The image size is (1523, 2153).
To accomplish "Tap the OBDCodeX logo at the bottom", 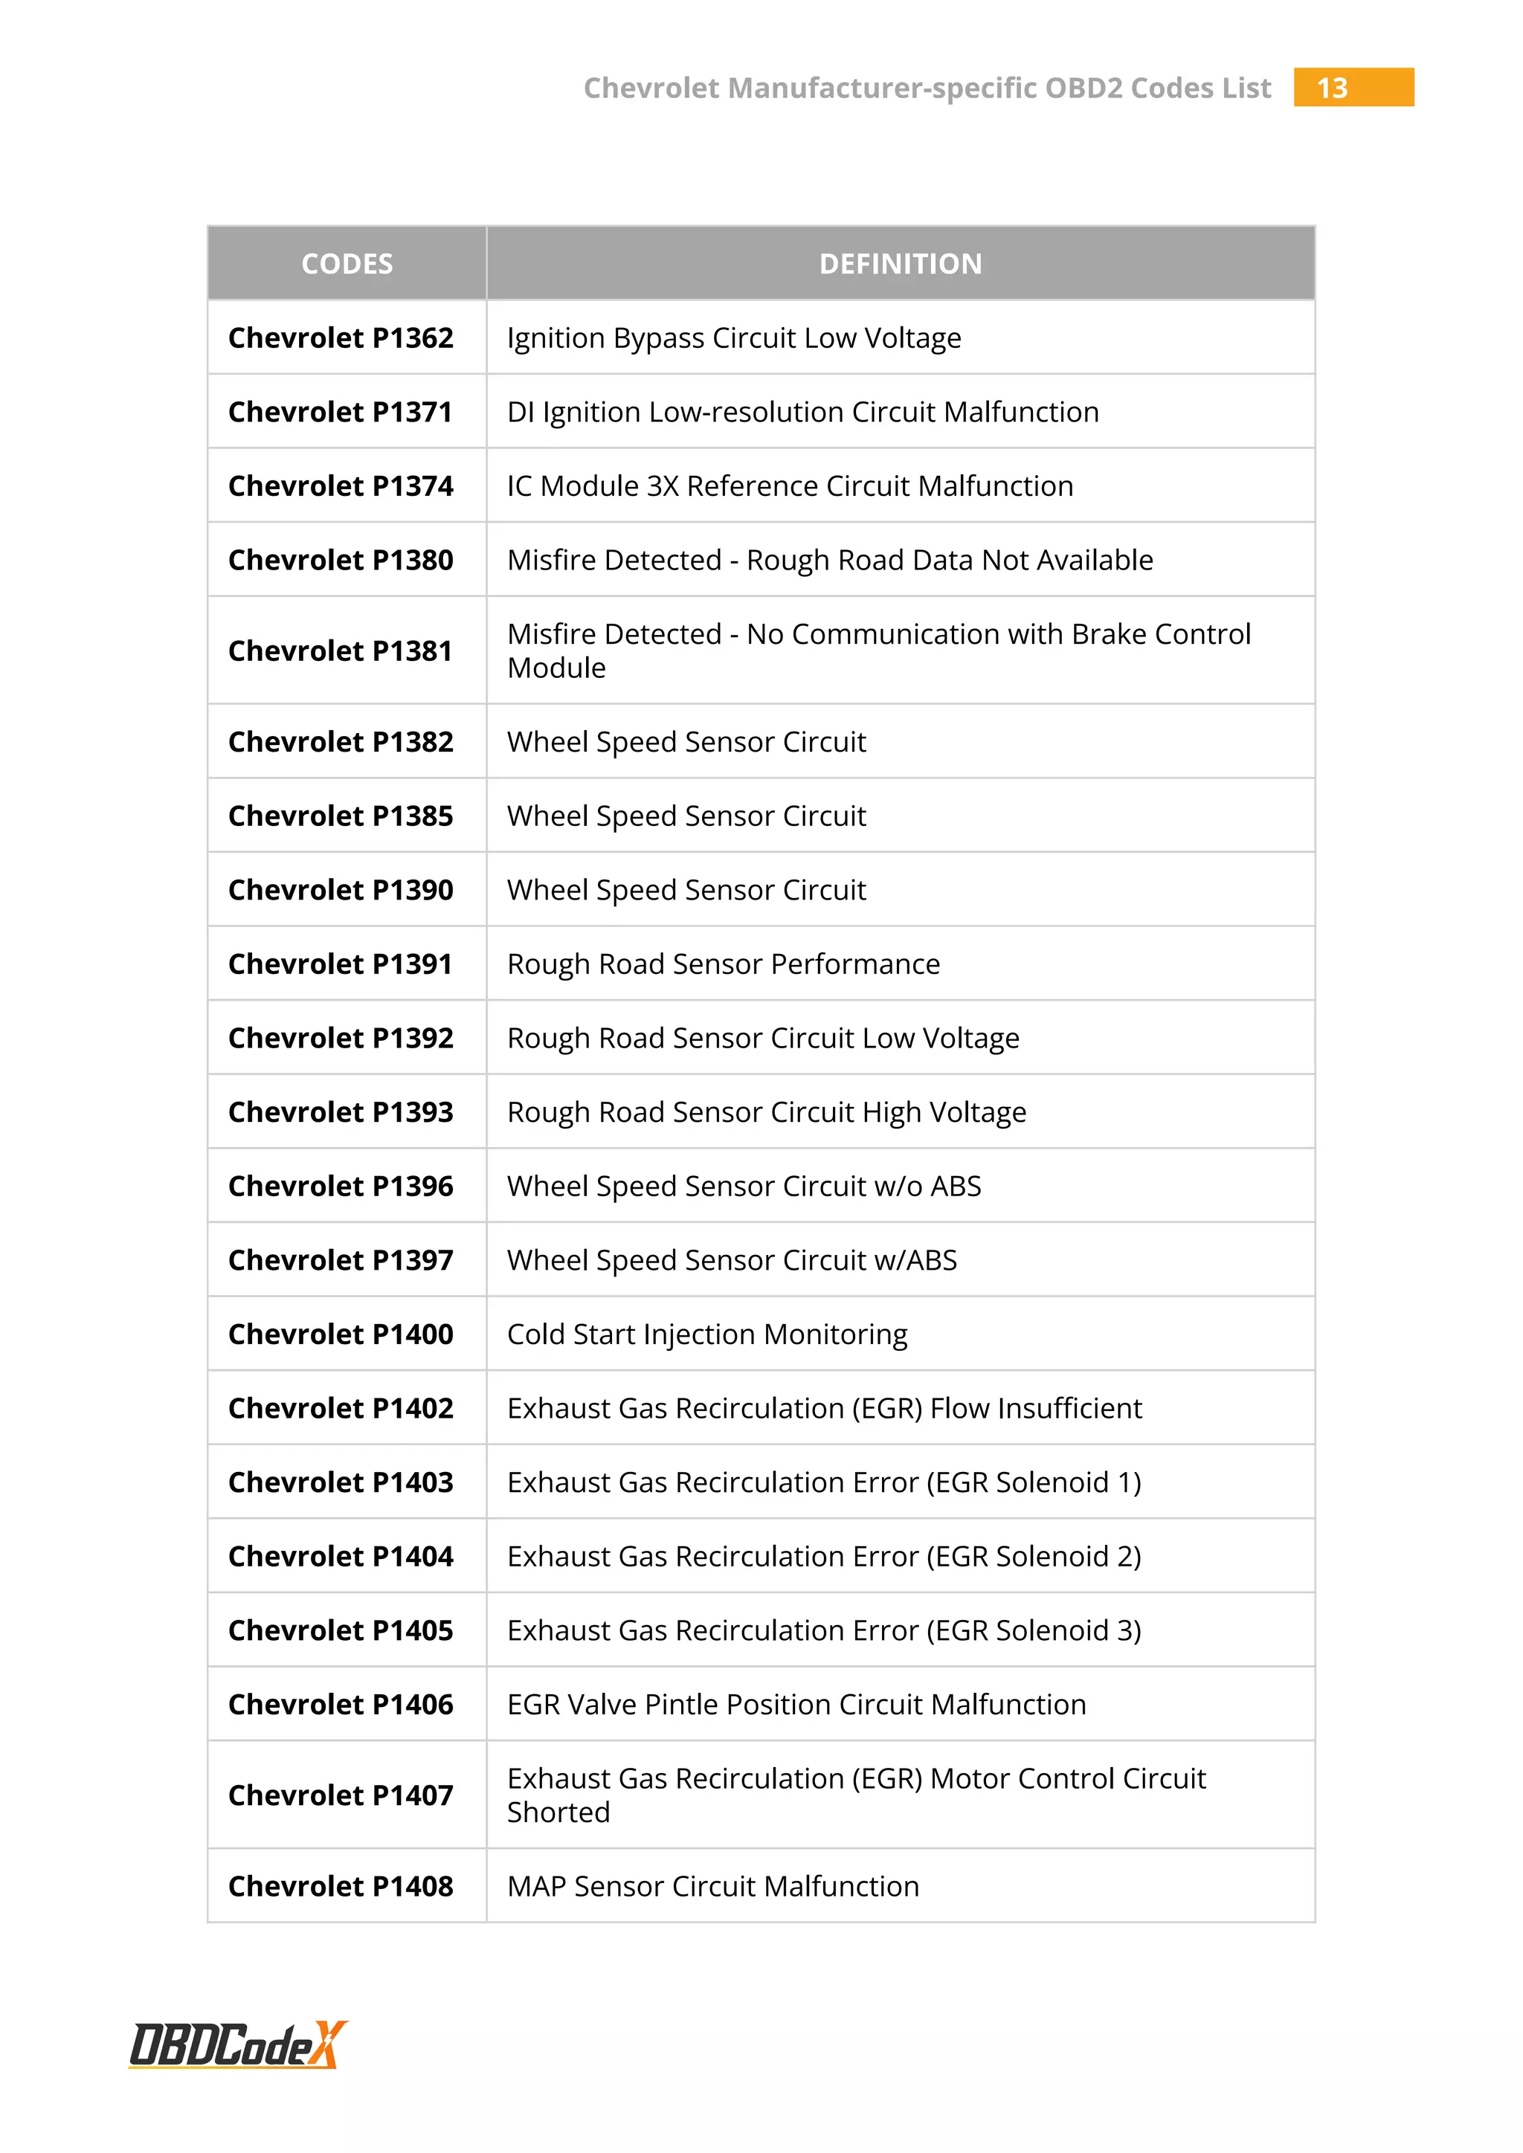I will point(237,2044).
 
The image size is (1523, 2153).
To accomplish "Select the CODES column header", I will point(347,263).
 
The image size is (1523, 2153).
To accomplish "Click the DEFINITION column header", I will point(901,263).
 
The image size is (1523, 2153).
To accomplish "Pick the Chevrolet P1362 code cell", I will point(341,338).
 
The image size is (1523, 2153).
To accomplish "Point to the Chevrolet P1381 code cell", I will point(341,651).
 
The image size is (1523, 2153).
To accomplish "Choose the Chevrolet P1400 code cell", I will point(341,1334).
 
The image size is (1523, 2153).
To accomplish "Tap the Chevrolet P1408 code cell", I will point(341,1886).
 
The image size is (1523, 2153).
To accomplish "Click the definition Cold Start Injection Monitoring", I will point(707,1334).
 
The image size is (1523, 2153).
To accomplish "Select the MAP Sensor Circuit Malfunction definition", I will point(712,1886).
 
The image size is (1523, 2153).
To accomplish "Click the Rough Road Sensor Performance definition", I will point(723,964).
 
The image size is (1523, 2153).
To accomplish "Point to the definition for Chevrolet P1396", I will point(744,1187).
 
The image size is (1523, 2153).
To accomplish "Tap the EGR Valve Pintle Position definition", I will point(796,1704).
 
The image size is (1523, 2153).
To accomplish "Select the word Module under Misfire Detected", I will point(556,668).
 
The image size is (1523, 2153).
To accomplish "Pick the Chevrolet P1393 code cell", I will point(341,1112).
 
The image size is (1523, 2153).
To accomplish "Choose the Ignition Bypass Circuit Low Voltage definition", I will point(733,338).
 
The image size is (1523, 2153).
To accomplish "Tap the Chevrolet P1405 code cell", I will point(341,1630).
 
